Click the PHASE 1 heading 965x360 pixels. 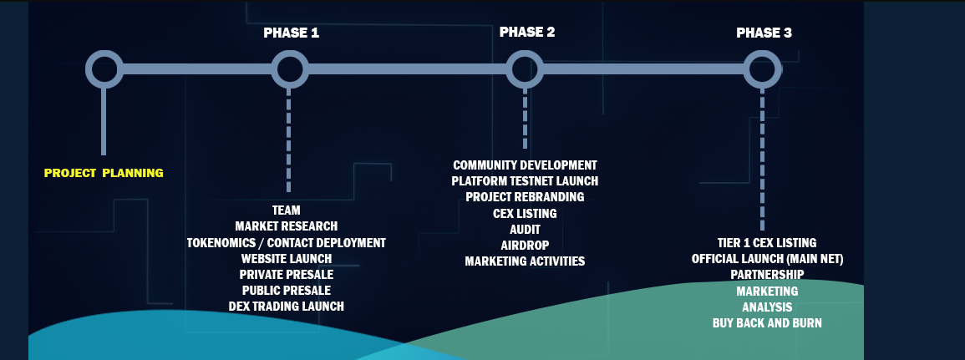[x=291, y=33]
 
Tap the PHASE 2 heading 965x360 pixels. [x=527, y=32]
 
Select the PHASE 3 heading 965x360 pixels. [x=764, y=33]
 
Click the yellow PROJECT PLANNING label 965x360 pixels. [x=104, y=173]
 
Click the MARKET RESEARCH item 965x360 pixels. [x=287, y=226]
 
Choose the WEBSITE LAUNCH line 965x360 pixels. [x=287, y=258]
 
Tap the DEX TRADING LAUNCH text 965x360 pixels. [x=287, y=307]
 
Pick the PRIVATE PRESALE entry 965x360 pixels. [x=287, y=275]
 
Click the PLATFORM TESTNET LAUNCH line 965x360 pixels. [x=525, y=181]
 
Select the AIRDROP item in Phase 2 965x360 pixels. [x=525, y=245]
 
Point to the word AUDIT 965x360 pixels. [x=525, y=230]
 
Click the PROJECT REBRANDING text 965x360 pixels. [x=525, y=197]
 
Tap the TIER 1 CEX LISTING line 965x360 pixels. [x=767, y=243]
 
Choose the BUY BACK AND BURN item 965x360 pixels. [x=767, y=323]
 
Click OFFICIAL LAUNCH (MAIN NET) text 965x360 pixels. [x=768, y=259]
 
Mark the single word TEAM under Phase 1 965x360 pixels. [x=287, y=210]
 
